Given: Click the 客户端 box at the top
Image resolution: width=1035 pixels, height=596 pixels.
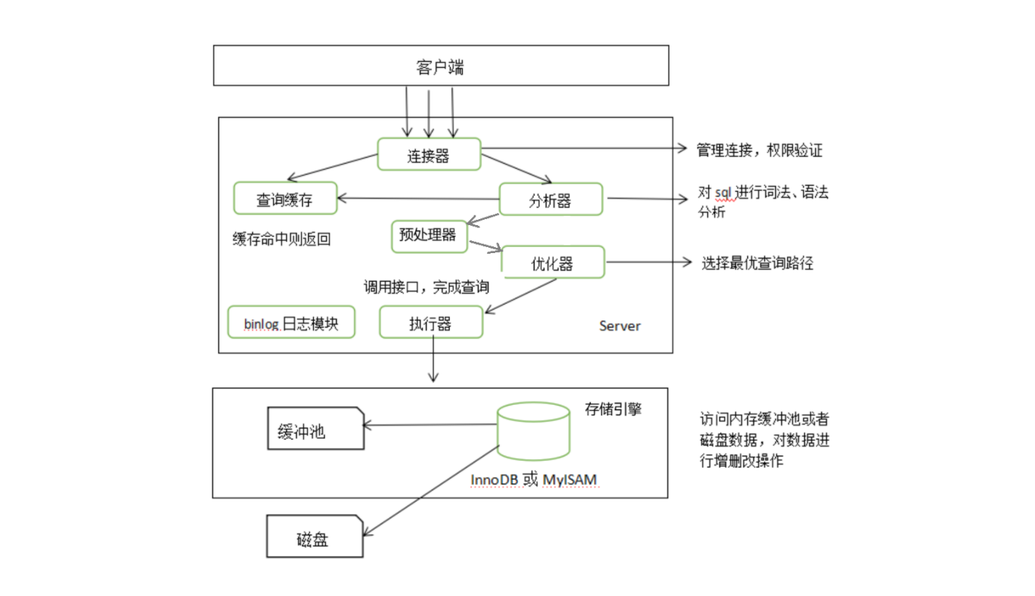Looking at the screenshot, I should click(441, 66).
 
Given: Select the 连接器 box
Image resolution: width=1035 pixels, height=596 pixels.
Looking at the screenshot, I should click(429, 154).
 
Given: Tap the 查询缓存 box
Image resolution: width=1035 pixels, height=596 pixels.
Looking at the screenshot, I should click(285, 198).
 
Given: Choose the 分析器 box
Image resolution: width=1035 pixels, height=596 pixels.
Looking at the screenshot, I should click(551, 199).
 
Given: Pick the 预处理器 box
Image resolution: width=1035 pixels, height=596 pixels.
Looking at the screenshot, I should click(429, 235).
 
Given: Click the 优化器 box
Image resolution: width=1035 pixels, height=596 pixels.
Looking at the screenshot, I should click(553, 261).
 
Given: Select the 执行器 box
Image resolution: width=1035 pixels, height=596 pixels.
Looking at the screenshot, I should click(430, 322).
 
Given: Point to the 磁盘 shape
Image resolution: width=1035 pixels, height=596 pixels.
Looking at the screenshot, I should click(314, 538).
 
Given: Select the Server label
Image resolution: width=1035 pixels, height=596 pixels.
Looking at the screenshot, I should click(620, 326).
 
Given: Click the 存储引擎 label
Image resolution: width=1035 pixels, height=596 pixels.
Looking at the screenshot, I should click(613, 409).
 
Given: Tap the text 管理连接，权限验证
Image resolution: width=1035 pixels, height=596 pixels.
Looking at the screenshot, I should click(759, 150).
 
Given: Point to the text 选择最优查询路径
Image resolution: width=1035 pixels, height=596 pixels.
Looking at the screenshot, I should click(757, 263).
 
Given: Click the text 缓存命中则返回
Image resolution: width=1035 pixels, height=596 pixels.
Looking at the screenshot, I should click(282, 239).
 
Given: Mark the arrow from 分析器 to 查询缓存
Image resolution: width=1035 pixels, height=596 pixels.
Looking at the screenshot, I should click(419, 199).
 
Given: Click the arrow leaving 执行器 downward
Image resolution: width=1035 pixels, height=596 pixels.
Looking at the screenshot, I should click(433, 359).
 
